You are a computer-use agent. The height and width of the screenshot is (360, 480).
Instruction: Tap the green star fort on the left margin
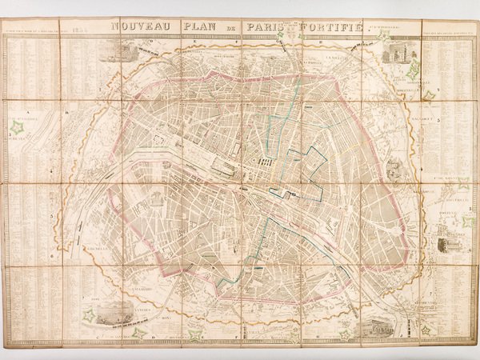coord(16,126)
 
